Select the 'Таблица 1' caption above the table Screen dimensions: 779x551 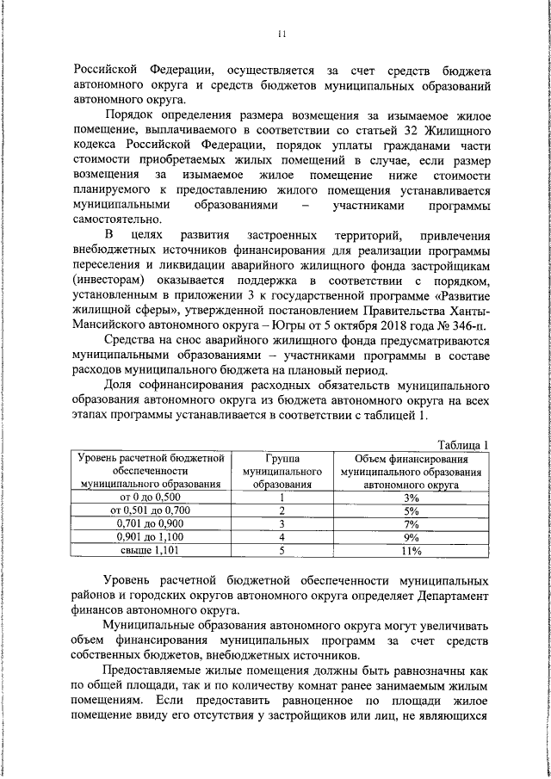coord(462,443)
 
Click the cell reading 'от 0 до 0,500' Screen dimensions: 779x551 coord(151,497)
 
